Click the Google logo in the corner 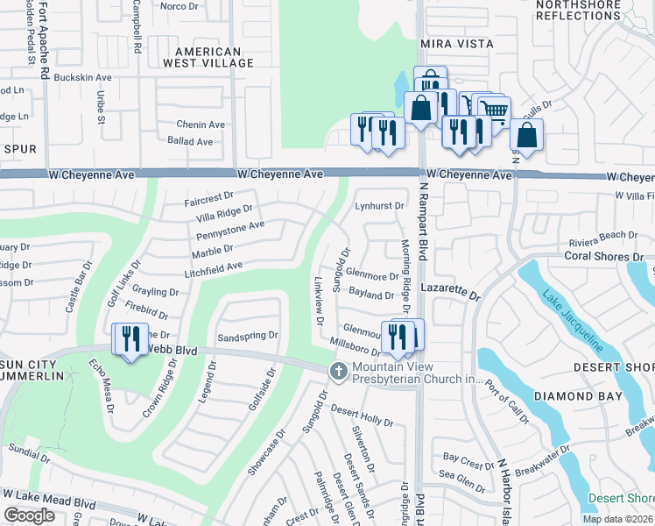[29, 515]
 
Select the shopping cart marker [495, 110]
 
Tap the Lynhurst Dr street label [379, 206]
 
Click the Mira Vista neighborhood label [457, 43]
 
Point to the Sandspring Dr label [247, 335]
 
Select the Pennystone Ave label [229, 230]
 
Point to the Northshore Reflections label [579, 10]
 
